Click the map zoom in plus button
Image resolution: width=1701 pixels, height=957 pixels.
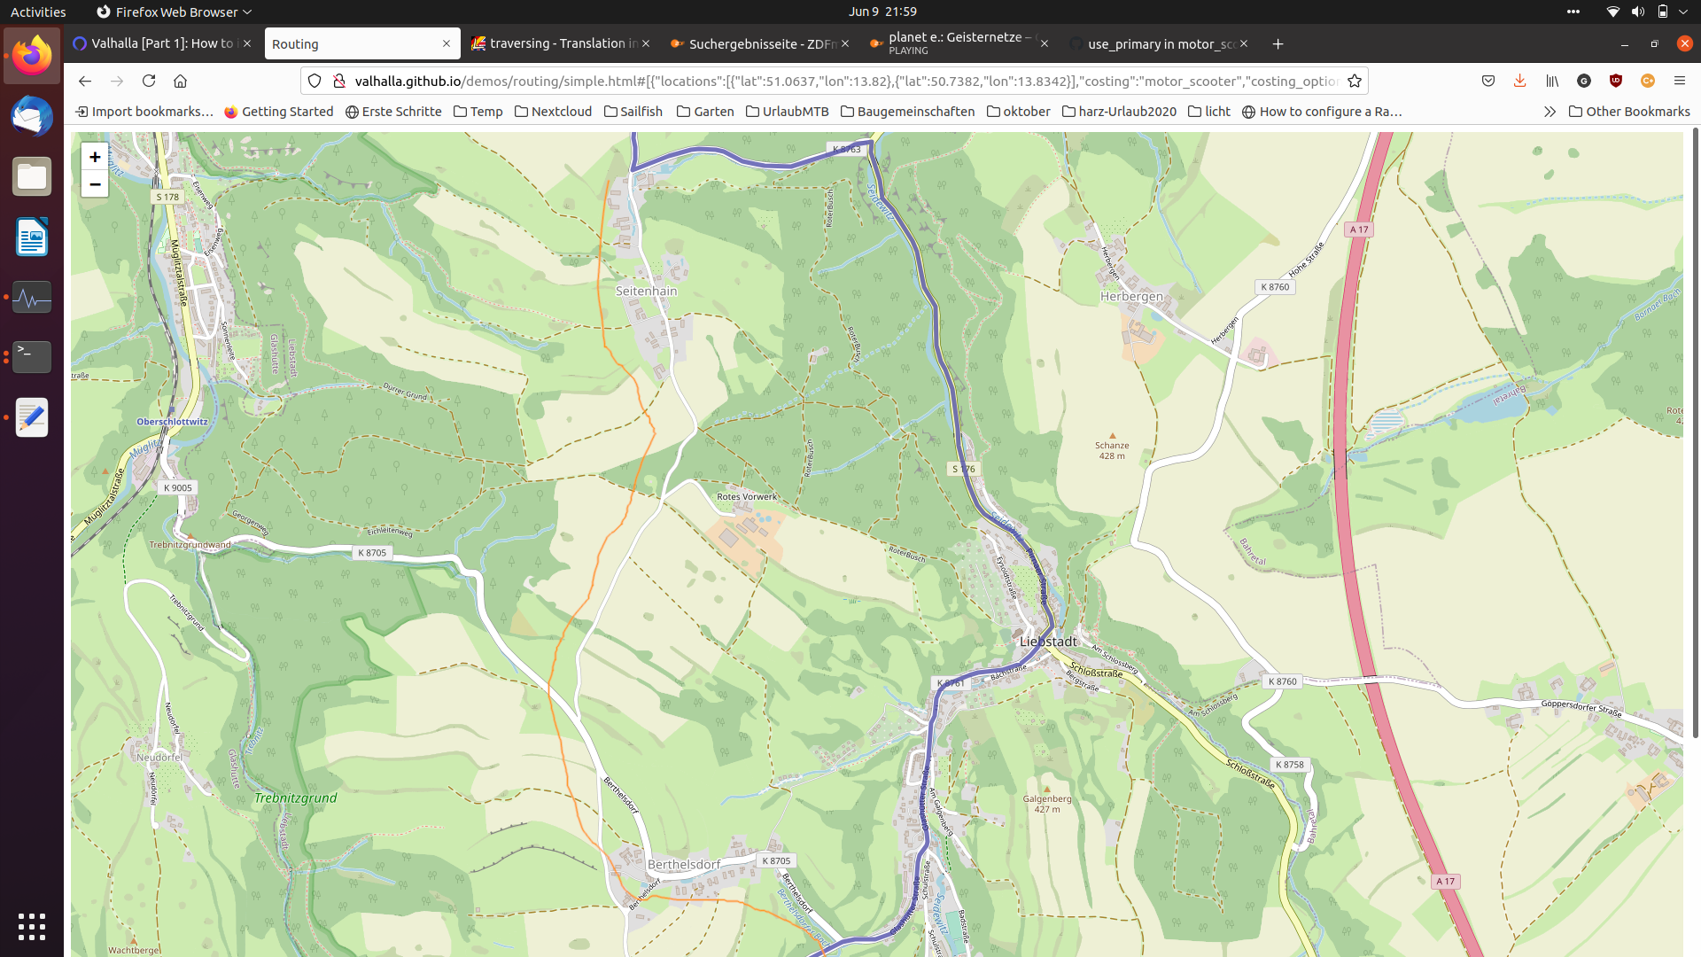point(95,157)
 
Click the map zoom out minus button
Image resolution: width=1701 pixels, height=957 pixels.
point(95,184)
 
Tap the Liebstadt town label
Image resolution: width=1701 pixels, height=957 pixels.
point(1048,642)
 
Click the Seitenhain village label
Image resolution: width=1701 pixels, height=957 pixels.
point(646,291)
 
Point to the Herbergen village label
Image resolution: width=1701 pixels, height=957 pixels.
point(1131,297)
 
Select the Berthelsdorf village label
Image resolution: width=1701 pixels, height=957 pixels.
point(683,865)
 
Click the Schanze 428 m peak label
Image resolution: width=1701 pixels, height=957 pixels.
point(1112,450)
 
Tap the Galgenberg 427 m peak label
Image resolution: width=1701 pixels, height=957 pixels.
point(1046,803)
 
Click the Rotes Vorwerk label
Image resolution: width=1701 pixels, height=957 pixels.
point(747,496)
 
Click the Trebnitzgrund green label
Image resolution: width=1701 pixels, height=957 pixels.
point(295,798)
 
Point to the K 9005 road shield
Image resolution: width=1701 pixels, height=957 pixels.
point(177,487)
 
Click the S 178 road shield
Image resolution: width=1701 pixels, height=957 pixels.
point(167,197)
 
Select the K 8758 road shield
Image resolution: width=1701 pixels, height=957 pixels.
point(1289,765)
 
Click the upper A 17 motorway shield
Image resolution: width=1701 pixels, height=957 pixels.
point(1358,230)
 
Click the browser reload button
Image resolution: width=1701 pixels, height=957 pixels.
point(149,81)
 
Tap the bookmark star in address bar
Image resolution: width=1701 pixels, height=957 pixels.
point(1354,81)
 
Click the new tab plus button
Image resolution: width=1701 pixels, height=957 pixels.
point(1278,43)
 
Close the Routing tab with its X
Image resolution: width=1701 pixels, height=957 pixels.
point(447,43)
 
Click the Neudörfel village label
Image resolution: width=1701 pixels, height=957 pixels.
point(159,758)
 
